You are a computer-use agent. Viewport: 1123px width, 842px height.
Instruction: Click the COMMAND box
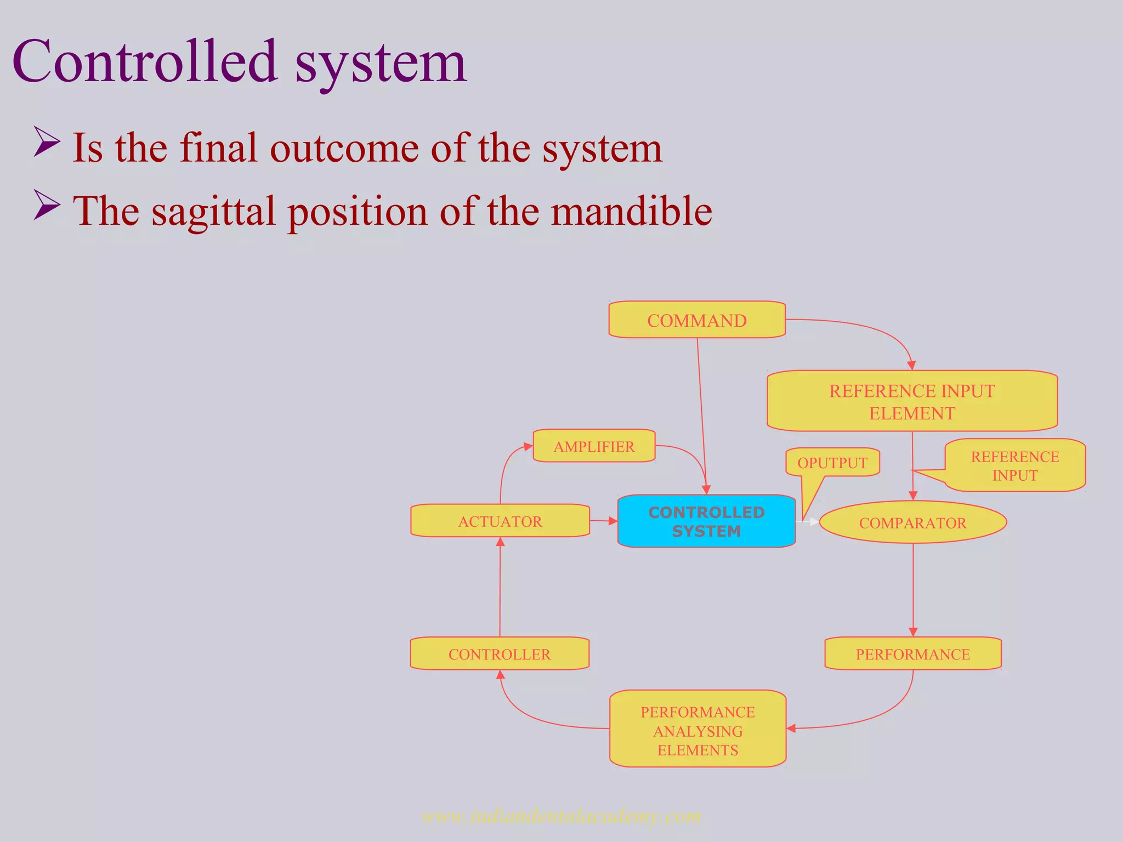pos(696,320)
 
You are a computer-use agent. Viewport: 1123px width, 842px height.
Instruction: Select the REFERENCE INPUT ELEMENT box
pos(911,401)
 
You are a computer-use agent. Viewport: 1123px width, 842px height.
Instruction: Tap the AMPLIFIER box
pos(594,446)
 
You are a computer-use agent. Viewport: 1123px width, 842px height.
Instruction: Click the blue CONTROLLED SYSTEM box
pos(706,521)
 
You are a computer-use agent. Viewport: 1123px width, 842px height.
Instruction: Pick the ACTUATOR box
pos(500,521)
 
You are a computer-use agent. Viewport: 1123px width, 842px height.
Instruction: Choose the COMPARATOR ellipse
pos(912,522)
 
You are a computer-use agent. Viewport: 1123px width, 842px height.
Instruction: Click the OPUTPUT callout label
pos(832,463)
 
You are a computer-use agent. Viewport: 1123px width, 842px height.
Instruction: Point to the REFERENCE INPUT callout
pos(1014,465)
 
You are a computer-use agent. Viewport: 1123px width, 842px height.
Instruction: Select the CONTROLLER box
pos(499,653)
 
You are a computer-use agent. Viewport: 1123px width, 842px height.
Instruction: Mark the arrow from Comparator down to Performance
pos(913,589)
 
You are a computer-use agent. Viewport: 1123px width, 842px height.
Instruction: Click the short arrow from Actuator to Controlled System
pos(603,521)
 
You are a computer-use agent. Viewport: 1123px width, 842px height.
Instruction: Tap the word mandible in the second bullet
pos(631,211)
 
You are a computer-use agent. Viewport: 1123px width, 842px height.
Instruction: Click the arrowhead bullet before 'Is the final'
pos(47,141)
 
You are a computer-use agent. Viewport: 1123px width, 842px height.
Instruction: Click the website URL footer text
pos(561,816)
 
